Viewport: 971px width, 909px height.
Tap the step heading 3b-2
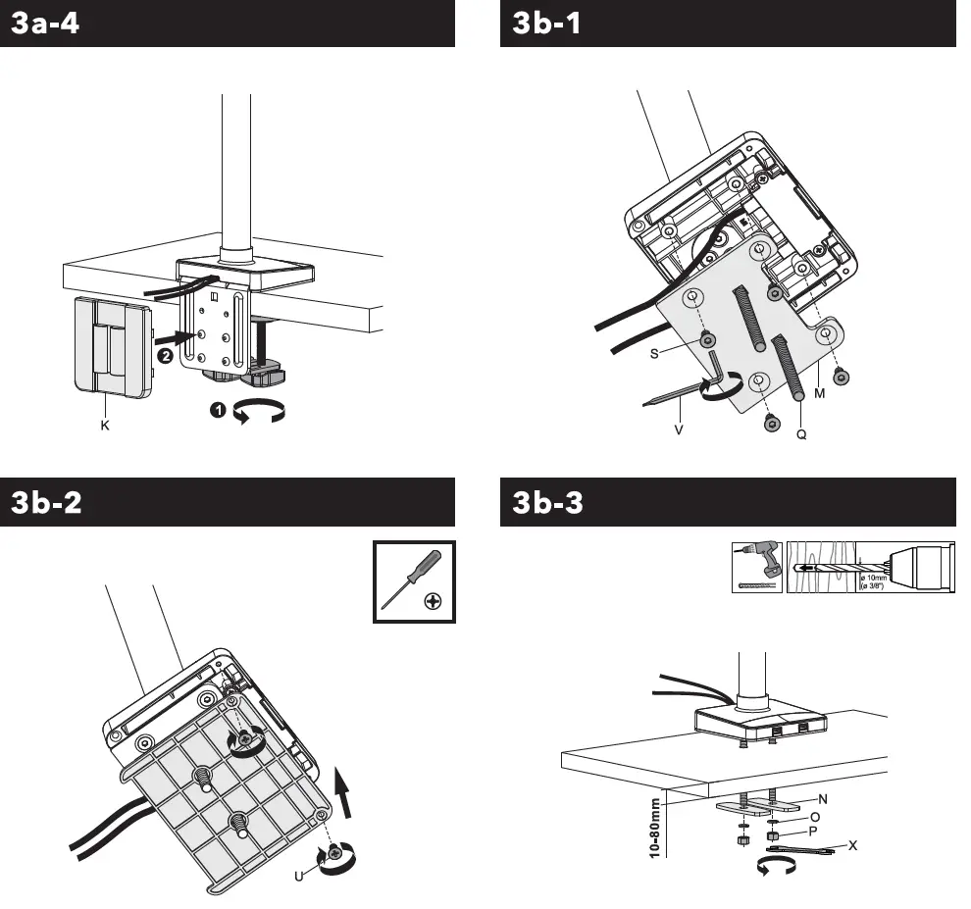click(x=46, y=502)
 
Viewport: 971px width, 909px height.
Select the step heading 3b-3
click(x=547, y=502)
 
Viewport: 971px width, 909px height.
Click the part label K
click(x=104, y=426)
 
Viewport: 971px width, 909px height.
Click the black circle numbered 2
click(x=166, y=356)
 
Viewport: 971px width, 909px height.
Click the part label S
click(x=653, y=355)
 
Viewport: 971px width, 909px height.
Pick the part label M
click(x=820, y=392)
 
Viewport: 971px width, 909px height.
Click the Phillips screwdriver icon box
click(x=415, y=581)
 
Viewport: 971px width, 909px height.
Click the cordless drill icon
click(x=757, y=568)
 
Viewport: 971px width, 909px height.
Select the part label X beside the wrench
click(x=853, y=844)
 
